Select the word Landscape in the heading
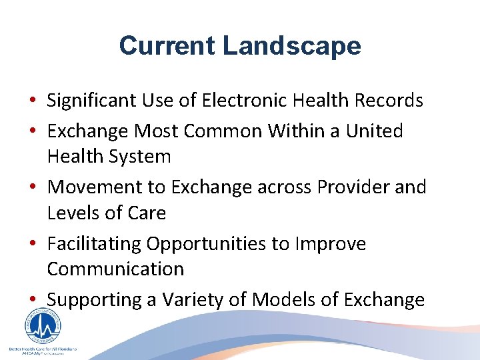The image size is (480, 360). tap(291, 46)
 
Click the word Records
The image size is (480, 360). tap(389, 101)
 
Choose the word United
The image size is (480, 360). tap(374, 131)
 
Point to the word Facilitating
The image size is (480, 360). tap(94, 243)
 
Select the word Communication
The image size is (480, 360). tap(115, 269)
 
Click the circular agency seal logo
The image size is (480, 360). tap(43, 327)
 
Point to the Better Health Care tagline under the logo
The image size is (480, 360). tap(43, 349)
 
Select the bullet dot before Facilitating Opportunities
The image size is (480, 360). tap(32, 245)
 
